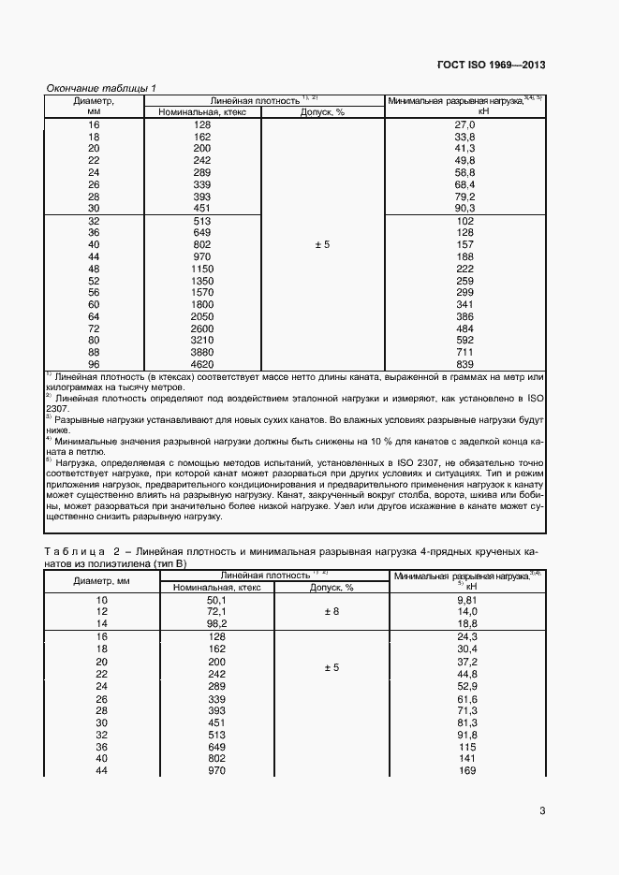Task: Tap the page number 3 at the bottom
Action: click(542, 811)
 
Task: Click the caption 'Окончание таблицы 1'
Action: click(101, 88)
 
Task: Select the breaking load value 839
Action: click(464, 364)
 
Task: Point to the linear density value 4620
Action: click(202, 364)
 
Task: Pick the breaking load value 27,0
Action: click(464, 124)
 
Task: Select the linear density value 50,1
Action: click(217, 600)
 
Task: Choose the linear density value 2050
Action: click(202, 317)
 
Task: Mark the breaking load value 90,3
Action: click(464, 209)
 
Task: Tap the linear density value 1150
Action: click(202, 269)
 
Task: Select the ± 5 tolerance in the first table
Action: click(322, 245)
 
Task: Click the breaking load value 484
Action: click(464, 328)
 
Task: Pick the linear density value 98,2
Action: click(217, 624)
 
